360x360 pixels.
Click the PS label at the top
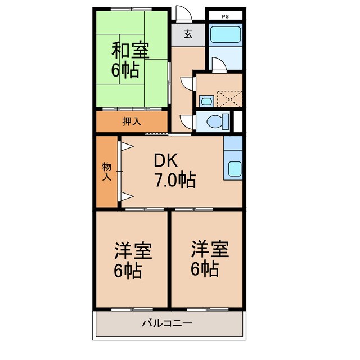[x=225, y=16]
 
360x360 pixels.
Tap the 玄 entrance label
[x=187, y=34]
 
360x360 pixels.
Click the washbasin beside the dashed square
[x=206, y=102]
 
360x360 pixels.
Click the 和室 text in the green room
[x=130, y=51]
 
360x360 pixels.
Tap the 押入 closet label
[x=132, y=121]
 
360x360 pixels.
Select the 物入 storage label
[x=106, y=171]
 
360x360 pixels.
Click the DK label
[x=166, y=161]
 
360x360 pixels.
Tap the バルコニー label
[x=167, y=323]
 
